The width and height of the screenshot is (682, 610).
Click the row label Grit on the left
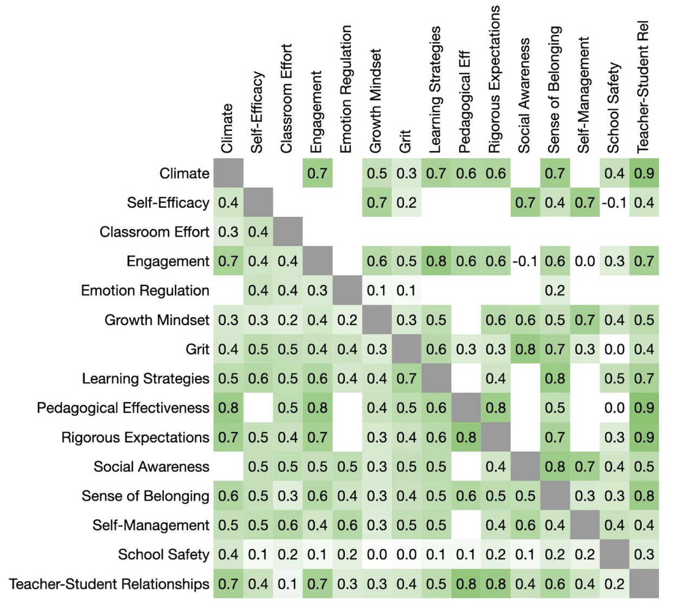point(197,349)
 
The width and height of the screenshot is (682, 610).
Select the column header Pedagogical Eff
point(466,102)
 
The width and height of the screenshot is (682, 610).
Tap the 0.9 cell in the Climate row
point(644,173)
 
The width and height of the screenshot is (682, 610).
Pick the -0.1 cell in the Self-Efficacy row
point(614,202)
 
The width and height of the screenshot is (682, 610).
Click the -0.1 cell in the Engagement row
point(525,261)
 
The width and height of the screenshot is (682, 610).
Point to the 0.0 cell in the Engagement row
point(585,261)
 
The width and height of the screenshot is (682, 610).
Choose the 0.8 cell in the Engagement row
point(436,261)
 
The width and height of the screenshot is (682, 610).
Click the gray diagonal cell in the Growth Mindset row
point(377,319)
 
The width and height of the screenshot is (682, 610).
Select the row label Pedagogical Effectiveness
point(123,408)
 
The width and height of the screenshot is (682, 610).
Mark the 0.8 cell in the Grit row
point(525,349)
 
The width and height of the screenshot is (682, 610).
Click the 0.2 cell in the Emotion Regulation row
point(555,290)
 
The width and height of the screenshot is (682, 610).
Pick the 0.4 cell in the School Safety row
point(228,555)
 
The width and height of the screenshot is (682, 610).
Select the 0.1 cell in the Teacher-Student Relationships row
point(288,584)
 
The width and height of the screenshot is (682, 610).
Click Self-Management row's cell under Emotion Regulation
point(347,525)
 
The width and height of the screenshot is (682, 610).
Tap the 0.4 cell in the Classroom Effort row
point(258,232)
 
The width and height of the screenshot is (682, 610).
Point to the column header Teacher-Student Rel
point(643,87)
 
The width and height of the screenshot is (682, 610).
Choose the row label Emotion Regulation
point(145,290)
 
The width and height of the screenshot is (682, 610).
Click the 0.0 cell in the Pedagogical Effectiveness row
point(614,408)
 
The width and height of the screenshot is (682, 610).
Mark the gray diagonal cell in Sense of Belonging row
point(555,496)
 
